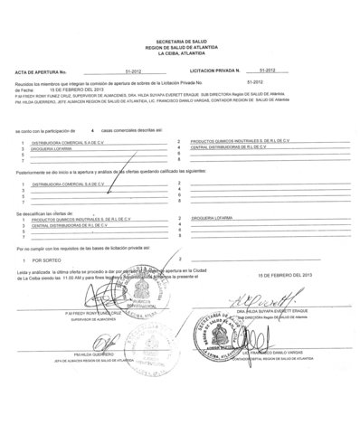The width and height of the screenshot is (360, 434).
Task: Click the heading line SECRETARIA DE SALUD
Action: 181,42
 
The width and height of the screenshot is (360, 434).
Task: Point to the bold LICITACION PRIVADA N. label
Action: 214,70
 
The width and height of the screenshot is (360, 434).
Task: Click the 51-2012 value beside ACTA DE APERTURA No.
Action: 132,70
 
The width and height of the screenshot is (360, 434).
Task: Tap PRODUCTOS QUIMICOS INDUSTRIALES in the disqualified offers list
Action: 81,218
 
